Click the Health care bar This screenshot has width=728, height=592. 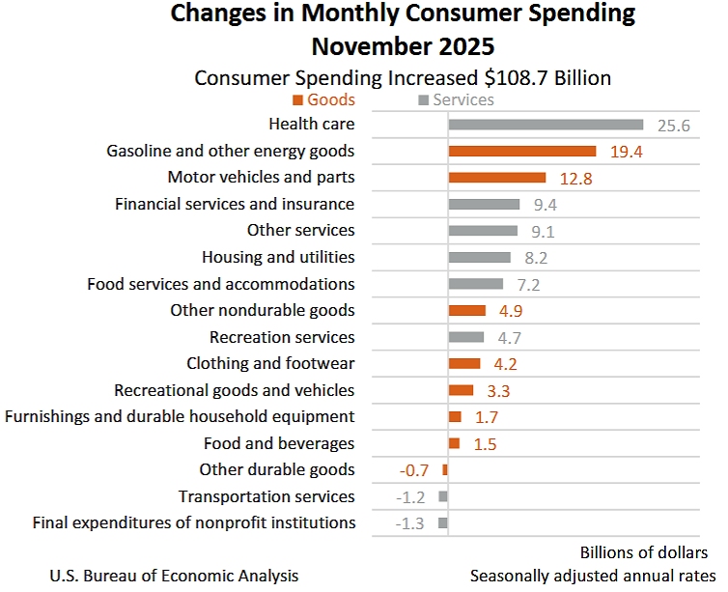pyautogui.click(x=546, y=125)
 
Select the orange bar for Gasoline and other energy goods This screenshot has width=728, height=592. pyautogui.click(x=521, y=151)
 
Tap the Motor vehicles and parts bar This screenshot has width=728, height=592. pyautogui.click(x=497, y=178)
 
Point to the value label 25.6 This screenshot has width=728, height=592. pyautogui.click(x=673, y=125)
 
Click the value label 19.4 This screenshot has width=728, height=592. pyautogui.click(x=626, y=151)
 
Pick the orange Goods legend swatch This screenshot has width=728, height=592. pyautogui.click(x=298, y=100)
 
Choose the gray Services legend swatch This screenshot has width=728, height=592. pyautogui.click(x=422, y=100)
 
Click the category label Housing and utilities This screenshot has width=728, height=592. pyautogui.click(x=278, y=257)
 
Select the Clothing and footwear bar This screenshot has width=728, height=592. pyautogui.click(x=464, y=363)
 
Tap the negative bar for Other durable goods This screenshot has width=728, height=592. pyautogui.click(x=445, y=469)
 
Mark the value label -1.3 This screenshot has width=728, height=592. pyautogui.click(x=410, y=523)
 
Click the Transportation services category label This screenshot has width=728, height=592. pyautogui.click(x=266, y=496)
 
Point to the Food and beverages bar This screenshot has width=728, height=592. pyautogui.click(x=454, y=443)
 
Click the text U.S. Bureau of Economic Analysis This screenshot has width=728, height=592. pyautogui.click(x=174, y=576)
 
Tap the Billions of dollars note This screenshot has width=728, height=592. pyautogui.click(x=644, y=552)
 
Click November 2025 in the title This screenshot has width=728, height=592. pyautogui.click(x=403, y=46)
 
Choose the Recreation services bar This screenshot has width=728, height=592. pyautogui.click(x=466, y=337)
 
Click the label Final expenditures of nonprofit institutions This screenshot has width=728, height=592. pyautogui.click(x=194, y=522)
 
